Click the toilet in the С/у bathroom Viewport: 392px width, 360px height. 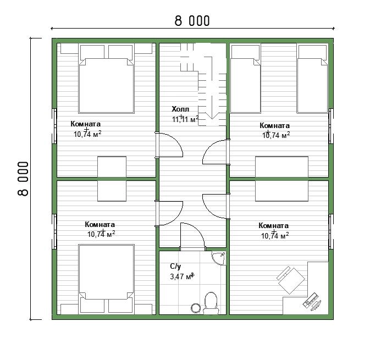coord(211,303)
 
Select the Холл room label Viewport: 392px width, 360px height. coord(180,109)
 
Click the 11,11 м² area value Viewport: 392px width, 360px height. coord(185,119)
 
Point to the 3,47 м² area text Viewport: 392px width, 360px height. coord(182,276)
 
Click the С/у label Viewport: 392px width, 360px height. coord(175,267)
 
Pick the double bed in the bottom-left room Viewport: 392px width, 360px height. coord(106,279)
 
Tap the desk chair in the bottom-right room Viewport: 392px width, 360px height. coord(291,280)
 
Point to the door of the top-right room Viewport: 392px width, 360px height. coord(216,152)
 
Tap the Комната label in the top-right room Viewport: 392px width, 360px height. coord(274,125)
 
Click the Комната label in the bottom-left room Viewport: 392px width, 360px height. coord(100,224)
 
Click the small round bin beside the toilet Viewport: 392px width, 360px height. coord(196,308)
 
